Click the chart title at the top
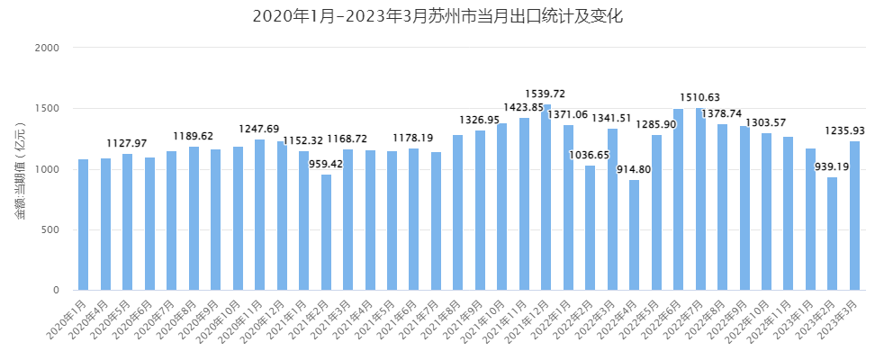coord(437,16)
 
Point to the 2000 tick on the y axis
coord(47,48)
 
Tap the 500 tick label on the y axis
coord(50,229)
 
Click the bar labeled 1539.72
coord(546,198)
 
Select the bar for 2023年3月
coord(854,216)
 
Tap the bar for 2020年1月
coord(83,225)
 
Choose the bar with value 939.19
coord(833,234)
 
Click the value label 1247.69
coord(259,129)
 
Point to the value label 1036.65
coord(590,155)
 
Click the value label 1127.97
coord(127,143)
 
